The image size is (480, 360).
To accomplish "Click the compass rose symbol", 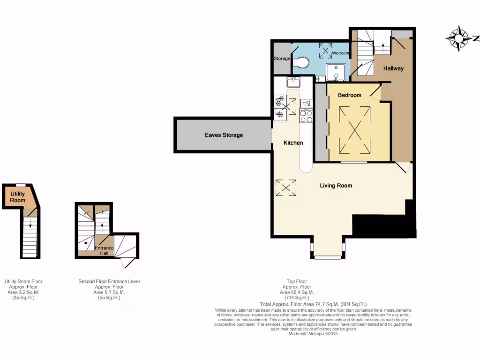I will click(x=459, y=38).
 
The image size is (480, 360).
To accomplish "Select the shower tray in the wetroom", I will click(x=336, y=73).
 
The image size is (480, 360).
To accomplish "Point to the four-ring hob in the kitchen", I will click(x=306, y=116).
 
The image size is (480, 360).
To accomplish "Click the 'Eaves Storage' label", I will click(x=224, y=135).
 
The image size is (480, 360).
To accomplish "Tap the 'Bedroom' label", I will click(x=350, y=95).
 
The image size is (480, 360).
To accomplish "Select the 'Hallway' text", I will click(x=393, y=68).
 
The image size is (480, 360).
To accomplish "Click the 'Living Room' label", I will click(x=336, y=186).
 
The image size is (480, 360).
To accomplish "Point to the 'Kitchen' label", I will click(x=293, y=142).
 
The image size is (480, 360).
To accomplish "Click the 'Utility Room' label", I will click(x=18, y=197).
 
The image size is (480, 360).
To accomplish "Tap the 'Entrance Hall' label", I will click(x=104, y=251).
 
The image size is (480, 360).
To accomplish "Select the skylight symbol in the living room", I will click(x=286, y=187).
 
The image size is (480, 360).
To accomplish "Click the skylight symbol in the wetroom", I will click(x=325, y=50).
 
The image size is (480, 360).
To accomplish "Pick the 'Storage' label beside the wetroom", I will click(x=282, y=59).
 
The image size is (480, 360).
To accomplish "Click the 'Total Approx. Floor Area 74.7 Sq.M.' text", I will click(x=313, y=304).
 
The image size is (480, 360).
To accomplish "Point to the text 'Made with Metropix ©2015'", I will click(x=313, y=334).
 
